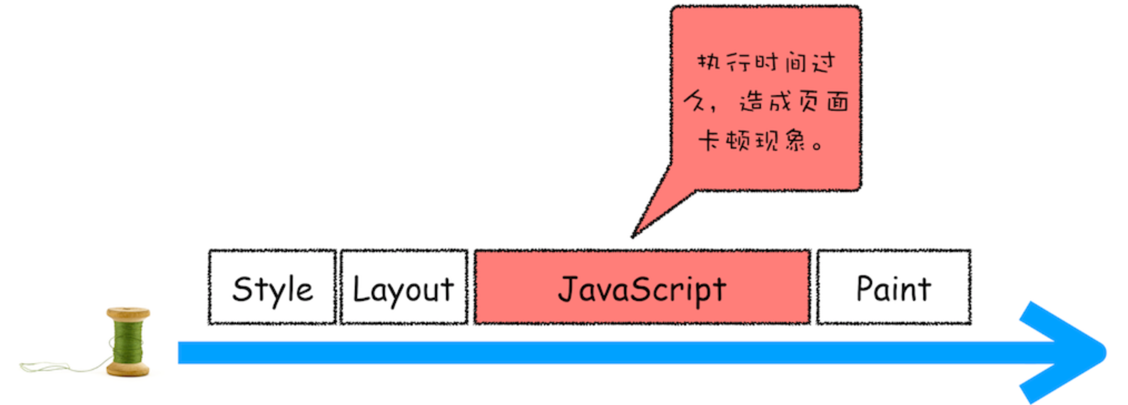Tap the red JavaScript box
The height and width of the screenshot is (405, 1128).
coord(642,312)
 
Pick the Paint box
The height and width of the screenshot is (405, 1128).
coord(894,312)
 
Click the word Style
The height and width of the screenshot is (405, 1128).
coord(272,289)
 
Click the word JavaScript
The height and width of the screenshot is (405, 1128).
coord(642,289)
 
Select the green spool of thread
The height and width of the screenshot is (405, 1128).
coord(128,343)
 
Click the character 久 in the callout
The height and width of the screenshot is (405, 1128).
coord(695,101)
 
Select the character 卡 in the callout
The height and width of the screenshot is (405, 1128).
coord(709,141)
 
